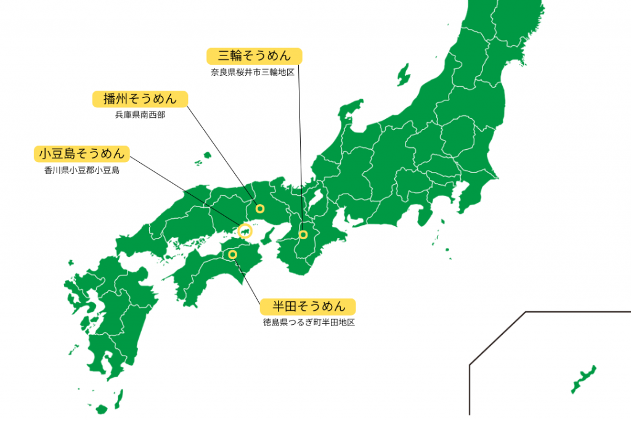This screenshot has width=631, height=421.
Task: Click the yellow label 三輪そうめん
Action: click(x=254, y=56)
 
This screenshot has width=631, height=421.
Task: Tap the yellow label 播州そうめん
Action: click(x=140, y=99)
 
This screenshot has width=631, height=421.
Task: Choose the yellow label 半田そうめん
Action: click(x=307, y=306)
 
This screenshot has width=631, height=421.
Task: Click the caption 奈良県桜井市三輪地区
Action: click(x=253, y=72)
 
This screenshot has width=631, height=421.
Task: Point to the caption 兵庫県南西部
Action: click(x=140, y=114)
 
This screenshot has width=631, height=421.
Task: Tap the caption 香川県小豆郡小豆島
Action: click(x=78, y=170)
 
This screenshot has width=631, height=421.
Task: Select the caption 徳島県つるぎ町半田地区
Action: click(x=309, y=322)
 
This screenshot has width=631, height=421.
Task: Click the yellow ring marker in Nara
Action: click(x=303, y=234)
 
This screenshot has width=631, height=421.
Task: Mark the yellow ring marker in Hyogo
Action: click(x=259, y=208)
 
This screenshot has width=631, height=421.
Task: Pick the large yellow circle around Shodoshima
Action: click(x=245, y=231)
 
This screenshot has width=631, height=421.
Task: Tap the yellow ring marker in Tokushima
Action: click(x=232, y=254)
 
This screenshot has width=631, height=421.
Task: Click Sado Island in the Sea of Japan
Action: click(x=404, y=75)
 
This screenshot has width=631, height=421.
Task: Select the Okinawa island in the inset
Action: click(x=583, y=379)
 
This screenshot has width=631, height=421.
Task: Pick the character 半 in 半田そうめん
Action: click(x=271, y=306)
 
